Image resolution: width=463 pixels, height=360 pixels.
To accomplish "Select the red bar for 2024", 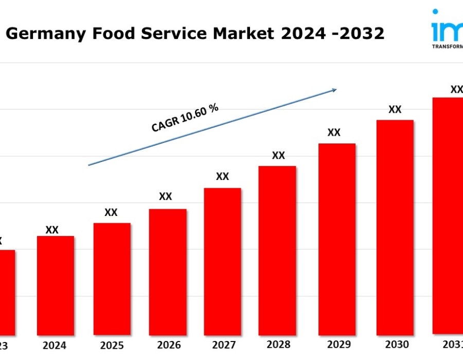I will tap(55, 285).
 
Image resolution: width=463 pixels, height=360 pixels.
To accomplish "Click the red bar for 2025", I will tap(112, 279).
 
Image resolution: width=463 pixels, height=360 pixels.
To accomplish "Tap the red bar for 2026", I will tap(168, 272).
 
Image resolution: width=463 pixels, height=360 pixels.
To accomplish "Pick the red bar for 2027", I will tap(222, 261).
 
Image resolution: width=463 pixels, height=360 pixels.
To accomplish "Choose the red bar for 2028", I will tap(277, 250).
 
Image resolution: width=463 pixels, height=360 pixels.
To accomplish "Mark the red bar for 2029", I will tap(337, 239).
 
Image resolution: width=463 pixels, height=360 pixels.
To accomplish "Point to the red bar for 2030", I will tap(395, 227).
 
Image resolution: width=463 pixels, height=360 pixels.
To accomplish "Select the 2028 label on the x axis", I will tap(278, 345).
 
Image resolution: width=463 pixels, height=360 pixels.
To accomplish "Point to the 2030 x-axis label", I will tap(396, 345).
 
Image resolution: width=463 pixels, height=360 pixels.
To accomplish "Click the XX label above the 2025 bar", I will tap(111, 212).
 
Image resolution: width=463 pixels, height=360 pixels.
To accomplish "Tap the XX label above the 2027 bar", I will tap(222, 176).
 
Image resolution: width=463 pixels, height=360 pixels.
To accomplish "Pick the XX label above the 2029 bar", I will tap(334, 133).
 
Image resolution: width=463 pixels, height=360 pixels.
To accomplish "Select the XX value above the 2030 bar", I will tap(395, 110).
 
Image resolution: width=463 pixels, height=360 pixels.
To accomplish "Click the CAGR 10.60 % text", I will tap(185, 118).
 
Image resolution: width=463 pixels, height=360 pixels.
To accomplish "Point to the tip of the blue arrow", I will tap(336, 89).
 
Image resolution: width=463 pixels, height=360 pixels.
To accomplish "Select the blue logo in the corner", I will tap(447, 28).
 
